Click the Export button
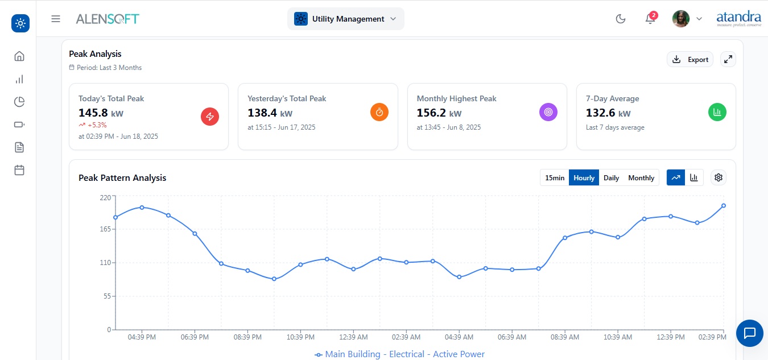[x=690, y=59]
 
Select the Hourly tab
[x=584, y=177]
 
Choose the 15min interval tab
[x=555, y=177]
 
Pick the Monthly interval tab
[x=641, y=177]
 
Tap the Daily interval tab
[x=611, y=177]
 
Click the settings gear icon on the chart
[x=719, y=177]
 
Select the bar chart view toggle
[x=694, y=177]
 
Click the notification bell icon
[x=650, y=19]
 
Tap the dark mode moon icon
[x=621, y=19]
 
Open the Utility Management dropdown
[x=346, y=19]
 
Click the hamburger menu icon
[x=56, y=19]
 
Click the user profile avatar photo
[x=680, y=19]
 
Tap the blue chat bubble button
[x=750, y=333]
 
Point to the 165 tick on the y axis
[x=105, y=229]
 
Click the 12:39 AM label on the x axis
[x=353, y=337]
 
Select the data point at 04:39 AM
[x=459, y=277]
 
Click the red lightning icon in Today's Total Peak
[x=210, y=117]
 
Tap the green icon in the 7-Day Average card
[x=717, y=112]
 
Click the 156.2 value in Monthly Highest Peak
[x=431, y=113]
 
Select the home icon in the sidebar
[x=19, y=56]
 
